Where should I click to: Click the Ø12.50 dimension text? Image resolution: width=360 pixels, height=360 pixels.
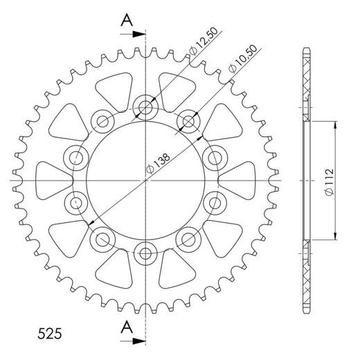point(199,47)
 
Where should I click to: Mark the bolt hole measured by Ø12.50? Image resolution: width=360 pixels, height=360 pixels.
point(146,107)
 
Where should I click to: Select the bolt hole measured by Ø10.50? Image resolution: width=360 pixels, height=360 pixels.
point(188,123)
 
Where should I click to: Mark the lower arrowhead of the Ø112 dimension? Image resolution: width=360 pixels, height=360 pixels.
point(335,235)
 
